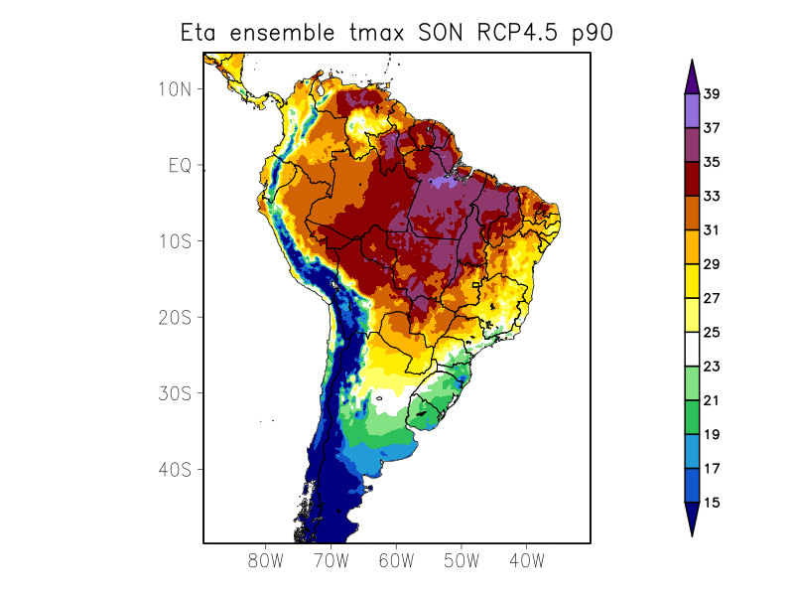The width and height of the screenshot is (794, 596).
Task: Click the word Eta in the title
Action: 200,32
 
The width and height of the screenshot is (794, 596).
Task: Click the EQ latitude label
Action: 180,165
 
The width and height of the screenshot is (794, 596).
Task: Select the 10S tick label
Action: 180,241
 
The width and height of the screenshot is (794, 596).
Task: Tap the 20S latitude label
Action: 180,318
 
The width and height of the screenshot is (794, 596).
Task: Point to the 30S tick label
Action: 180,393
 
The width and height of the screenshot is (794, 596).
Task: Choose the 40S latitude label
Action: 180,469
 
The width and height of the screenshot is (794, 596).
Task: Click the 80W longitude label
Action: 266,560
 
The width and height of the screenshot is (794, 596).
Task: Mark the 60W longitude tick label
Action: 396,560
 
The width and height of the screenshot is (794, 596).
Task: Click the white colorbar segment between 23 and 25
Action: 692,350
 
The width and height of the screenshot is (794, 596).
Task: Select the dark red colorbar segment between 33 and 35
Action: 692,180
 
